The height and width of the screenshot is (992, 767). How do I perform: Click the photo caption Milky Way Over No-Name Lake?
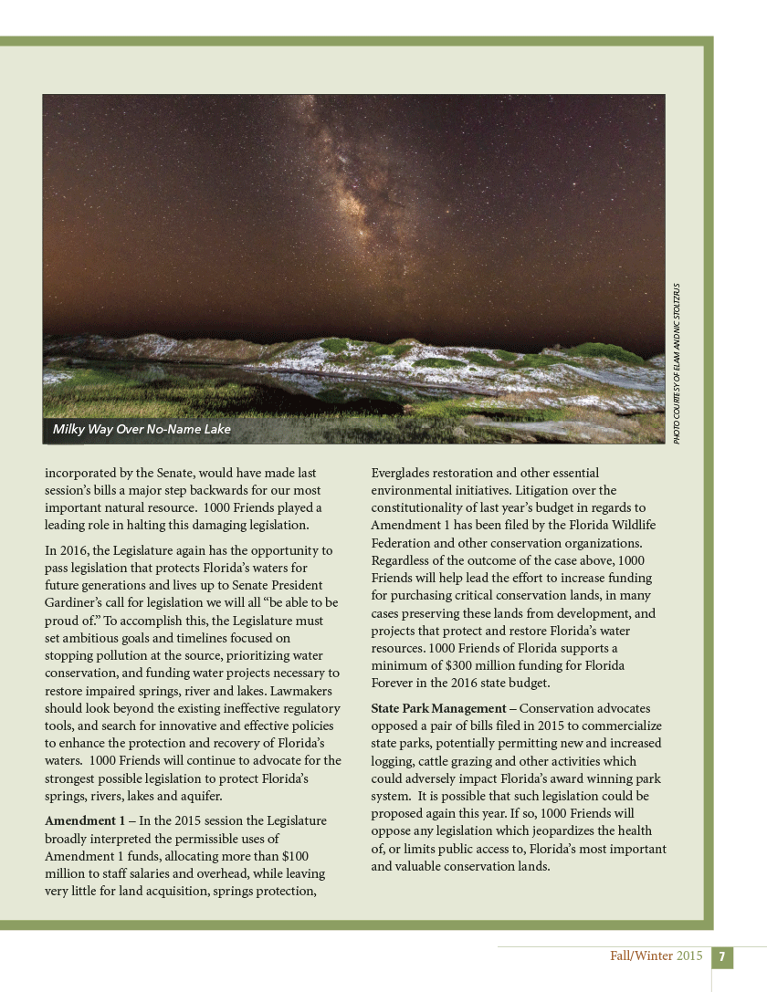click(142, 429)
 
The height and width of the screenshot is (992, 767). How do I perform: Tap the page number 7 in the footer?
click(721, 957)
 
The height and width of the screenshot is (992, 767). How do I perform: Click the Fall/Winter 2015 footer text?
click(657, 956)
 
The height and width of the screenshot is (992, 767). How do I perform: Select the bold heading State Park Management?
click(438, 709)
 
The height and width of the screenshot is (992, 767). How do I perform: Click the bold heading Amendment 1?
click(85, 821)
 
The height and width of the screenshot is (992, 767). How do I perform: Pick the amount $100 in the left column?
click(293, 856)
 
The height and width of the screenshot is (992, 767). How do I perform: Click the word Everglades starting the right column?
click(405, 473)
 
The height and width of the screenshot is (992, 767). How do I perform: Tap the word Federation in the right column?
click(404, 542)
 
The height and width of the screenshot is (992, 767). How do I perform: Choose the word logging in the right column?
click(394, 761)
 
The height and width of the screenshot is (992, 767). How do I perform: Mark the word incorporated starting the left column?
click(84, 473)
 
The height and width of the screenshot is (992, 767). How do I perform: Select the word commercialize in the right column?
click(618, 726)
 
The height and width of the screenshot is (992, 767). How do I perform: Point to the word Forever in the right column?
click(394, 683)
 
